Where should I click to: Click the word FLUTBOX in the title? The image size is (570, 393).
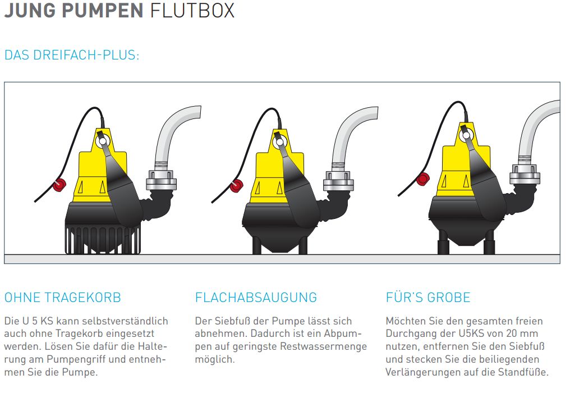[x=192, y=10]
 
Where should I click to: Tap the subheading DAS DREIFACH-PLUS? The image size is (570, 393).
[x=72, y=55]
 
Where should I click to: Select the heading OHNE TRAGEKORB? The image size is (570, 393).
[x=62, y=298]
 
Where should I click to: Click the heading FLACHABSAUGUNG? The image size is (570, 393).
[x=256, y=298]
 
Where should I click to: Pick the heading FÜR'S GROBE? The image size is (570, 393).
[x=428, y=298]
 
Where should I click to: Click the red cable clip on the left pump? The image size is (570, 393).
[x=59, y=185]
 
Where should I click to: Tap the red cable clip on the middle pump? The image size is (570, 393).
[x=237, y=186]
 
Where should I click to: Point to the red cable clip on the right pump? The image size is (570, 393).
[x=423, y=179]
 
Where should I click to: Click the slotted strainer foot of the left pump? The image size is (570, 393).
[x=103, y=240]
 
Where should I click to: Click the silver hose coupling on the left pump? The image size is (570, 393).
[x=161, y=180]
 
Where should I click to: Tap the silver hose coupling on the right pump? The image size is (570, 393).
[x=525, y=174]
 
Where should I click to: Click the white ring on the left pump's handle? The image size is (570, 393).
[x=102, y=140]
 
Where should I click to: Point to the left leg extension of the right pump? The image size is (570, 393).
[x=444, y=242]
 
